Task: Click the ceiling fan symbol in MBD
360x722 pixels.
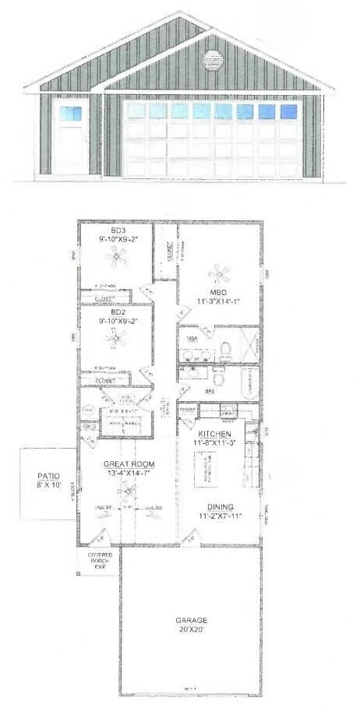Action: pyautogui.click(x=219, y=273)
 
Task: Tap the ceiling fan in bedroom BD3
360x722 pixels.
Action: pyautogui.click(x=117, y=257)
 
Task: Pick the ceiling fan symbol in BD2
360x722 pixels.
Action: pyautogui.click(x=117, y=337)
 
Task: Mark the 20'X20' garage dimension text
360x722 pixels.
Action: pyautogui.click(x=189, y=630)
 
